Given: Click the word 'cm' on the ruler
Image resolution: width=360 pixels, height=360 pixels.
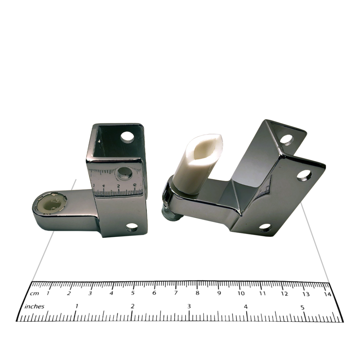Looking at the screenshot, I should (x=34, y=293).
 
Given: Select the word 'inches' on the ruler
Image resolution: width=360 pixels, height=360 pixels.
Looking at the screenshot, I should (x=34, y=306).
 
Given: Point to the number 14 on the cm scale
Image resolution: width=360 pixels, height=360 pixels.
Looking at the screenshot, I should (x=327, y=294).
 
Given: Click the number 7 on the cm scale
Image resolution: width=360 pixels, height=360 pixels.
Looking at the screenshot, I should (x=176, y=293).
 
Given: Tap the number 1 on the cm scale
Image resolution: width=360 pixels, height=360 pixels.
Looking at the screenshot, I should (x=48, y=293).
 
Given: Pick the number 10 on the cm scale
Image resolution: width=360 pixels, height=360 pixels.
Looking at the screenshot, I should (x=241, y=293).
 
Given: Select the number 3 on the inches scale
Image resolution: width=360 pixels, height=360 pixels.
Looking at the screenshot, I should (x=189, y=307).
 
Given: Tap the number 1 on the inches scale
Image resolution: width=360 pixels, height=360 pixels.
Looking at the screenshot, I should (x=76, y=306).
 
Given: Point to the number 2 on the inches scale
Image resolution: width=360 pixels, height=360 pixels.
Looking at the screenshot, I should (x=133, y=306).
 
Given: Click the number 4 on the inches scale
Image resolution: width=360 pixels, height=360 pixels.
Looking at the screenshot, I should (x=246, y=307).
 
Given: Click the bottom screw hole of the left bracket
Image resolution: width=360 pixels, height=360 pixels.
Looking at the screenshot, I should (x=132, y=227).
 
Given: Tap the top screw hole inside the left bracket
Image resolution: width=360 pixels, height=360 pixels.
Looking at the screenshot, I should (x=127, y=137).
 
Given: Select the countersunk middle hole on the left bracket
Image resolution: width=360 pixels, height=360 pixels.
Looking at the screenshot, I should (x=124, y=173).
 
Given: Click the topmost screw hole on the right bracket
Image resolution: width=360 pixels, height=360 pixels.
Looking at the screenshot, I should (x=287, y=140).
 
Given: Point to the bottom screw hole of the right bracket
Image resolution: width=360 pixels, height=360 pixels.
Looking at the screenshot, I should (x=265, y=227).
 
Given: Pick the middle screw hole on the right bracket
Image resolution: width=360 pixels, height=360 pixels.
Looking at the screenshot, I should (x=304, y=175).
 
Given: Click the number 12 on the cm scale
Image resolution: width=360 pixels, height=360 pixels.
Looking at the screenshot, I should (x=284, y=294).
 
